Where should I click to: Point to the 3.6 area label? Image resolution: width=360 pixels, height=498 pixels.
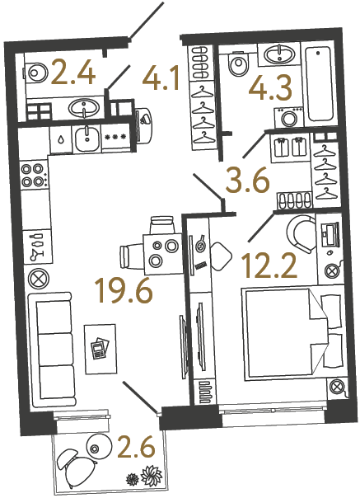coord(249,179)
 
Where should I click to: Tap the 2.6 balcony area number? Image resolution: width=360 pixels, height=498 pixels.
coord(136,450)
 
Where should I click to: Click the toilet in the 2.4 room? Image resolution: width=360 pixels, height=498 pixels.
coord(36,72)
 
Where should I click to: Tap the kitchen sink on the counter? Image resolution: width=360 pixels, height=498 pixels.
coord(87,139)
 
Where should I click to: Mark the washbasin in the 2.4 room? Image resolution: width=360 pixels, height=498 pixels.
coord(82,107)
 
